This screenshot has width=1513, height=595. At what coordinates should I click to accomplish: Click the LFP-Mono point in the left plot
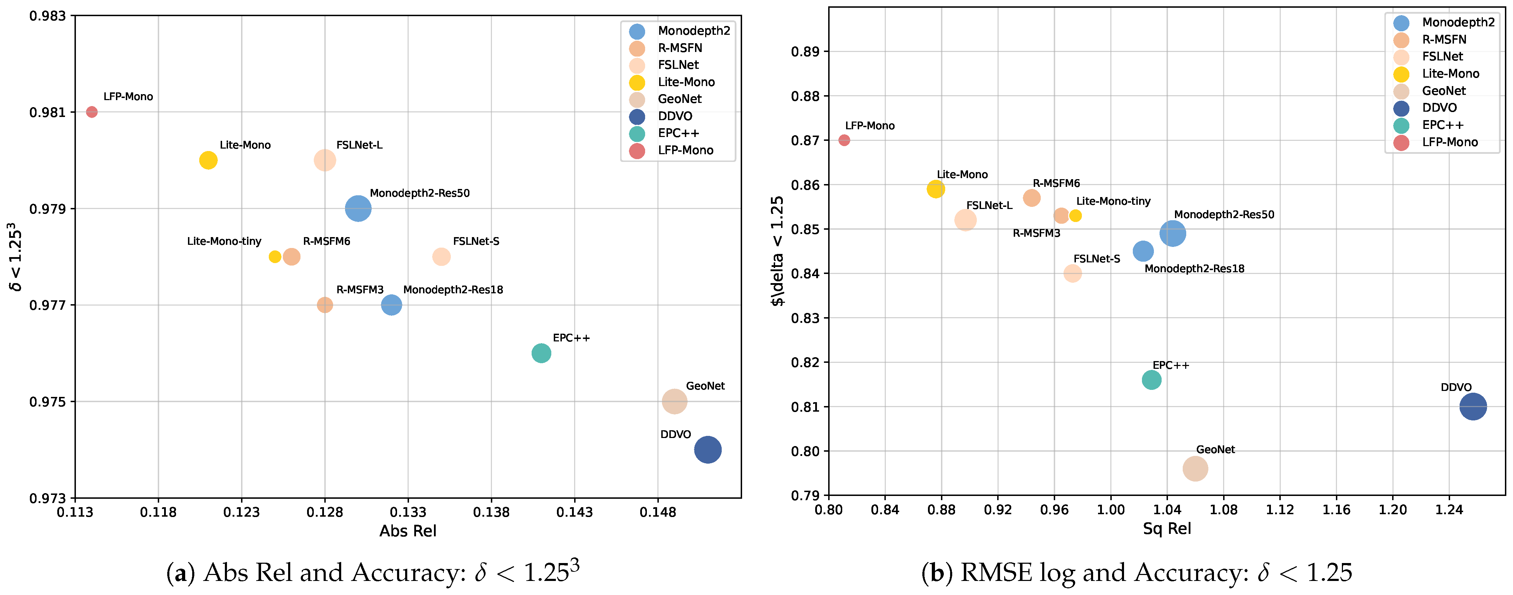tap(92, 112)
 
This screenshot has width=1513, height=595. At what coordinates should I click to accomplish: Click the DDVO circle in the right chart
tap(1473, 406)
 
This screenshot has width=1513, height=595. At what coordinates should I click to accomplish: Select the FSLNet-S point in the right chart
tap(1072, 273)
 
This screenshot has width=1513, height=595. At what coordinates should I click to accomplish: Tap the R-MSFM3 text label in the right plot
tap(1037, 233)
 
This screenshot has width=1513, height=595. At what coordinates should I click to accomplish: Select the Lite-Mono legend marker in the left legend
tap(637, 82)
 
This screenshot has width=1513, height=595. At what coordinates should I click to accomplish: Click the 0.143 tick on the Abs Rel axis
tap(574, 512)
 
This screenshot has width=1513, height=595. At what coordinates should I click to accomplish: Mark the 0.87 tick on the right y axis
tap(805, 140)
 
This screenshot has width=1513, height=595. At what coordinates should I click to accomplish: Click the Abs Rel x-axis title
tap(408, 531)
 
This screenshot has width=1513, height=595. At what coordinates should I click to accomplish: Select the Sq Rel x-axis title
tap(1167, 529)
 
